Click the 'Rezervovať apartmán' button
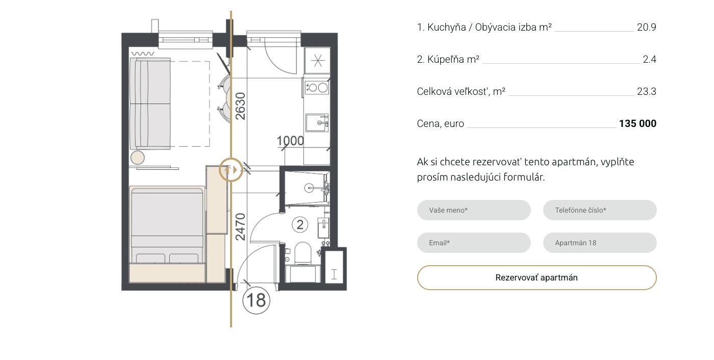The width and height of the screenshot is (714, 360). click(x=537, y=277)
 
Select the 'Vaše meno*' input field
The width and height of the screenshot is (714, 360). click(x=474, y=210)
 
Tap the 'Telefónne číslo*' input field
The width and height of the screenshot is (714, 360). click(x=600, y=210)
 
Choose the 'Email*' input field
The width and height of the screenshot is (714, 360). click(x=474, y=243)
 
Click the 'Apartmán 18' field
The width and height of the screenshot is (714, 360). click(x=600, y=243)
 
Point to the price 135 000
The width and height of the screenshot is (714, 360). click(x=637, y=123)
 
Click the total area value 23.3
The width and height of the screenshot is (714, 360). click(x=647, y=92)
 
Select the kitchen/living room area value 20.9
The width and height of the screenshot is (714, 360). click(x=647, y=28)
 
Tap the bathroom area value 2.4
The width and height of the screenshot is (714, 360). click(x=650, y=60)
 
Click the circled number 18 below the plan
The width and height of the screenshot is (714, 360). click(x=256, y=300)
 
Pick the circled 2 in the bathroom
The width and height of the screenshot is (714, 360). click(x=300, y=224)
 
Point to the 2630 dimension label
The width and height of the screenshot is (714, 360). click(x=240, y=106)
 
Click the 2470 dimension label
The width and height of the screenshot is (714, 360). click(x=240, y=227)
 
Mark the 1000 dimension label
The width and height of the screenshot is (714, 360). click(x=290, y=141)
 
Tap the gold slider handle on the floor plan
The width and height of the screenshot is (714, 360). click(x=231, y=170)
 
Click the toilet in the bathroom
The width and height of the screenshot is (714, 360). click(x=303, y=253)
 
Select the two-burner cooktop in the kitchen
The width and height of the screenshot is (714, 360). click(x=317, y=88)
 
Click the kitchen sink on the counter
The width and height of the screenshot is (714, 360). click(x=317, y=123)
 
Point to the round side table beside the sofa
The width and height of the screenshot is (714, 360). click(x=137, y=158)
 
